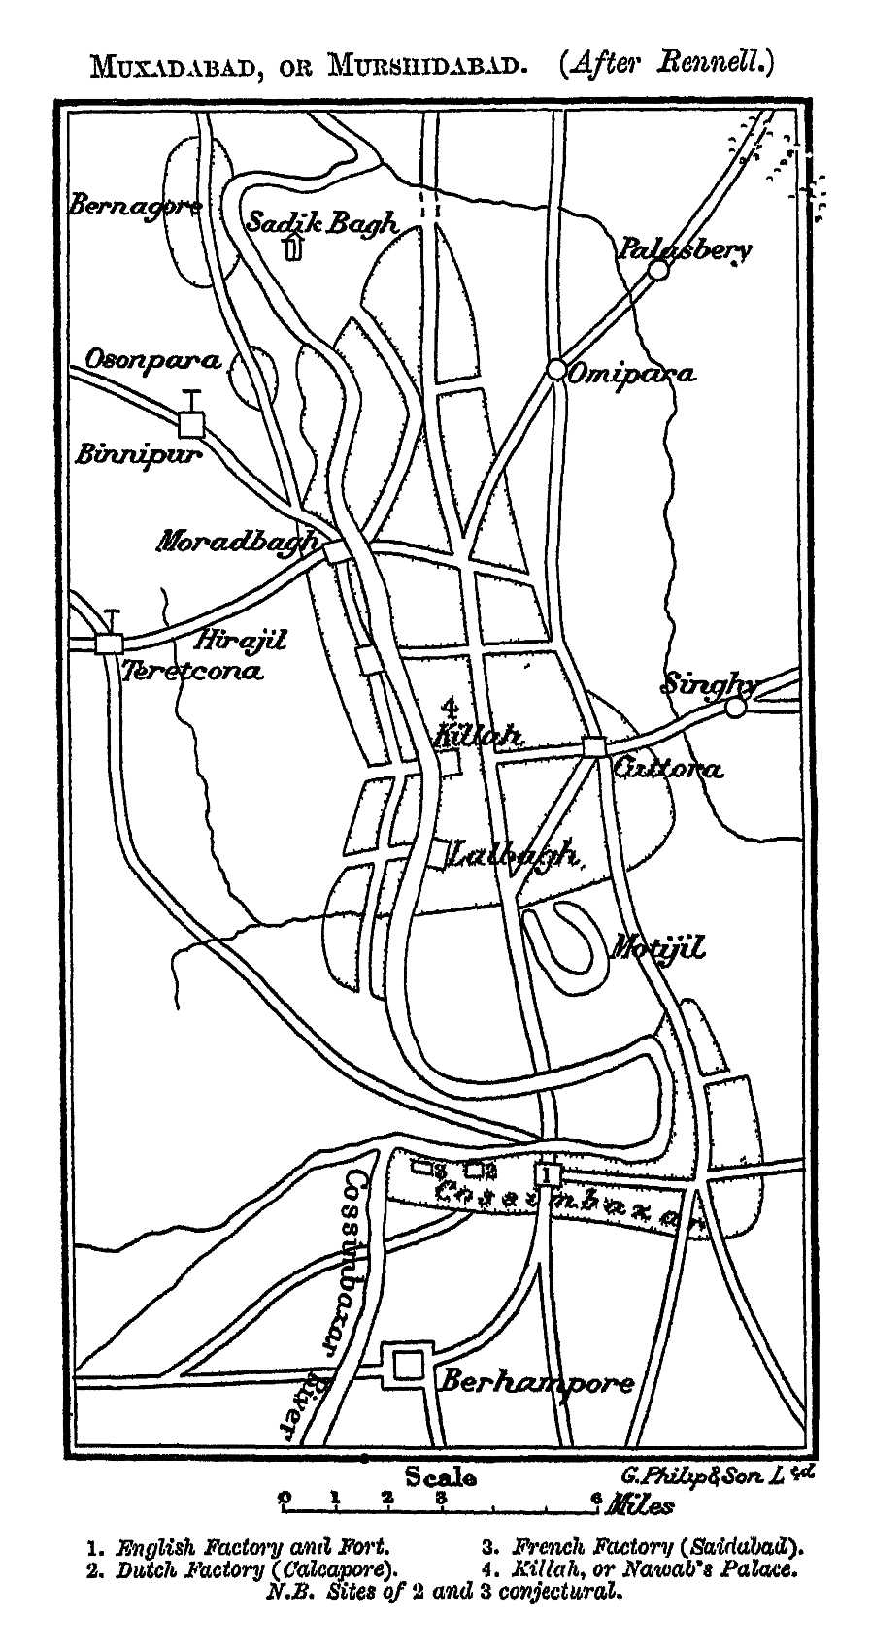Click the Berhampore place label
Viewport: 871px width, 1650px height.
pos(537,1381)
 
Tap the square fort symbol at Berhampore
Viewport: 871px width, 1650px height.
pos(407,1367)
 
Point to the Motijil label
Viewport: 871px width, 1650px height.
pos(656,946)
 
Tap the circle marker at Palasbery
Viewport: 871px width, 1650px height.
pos(658,270)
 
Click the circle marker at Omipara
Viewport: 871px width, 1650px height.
pos(556,370)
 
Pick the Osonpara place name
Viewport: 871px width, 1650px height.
pos(152,359)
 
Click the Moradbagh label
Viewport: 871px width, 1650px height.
pos(238,540)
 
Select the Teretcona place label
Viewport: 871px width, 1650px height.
pos(191,671)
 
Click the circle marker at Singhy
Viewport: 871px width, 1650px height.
pos(736,708)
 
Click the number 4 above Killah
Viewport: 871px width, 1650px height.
pos(448,707)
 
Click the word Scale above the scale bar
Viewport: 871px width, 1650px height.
pos(440,1477)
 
